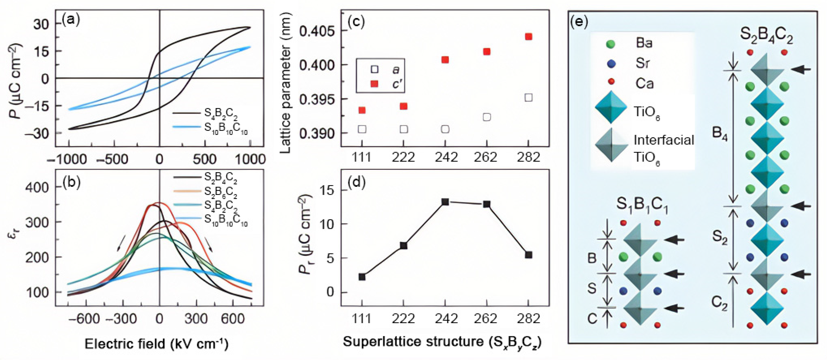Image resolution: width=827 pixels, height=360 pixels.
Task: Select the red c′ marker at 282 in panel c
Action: pyautogui.click(x=528, y=37)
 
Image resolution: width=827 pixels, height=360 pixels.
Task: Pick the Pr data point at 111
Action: pyautogui.click(x=362, y=277)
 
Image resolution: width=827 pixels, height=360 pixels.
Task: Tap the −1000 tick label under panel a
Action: pyautogui.click(x=67, y=159)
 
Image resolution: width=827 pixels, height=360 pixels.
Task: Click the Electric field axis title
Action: pyautogui.click(x=156, y=344)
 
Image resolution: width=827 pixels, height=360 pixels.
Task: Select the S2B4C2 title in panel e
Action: pyautogui.click(x=770, y=36)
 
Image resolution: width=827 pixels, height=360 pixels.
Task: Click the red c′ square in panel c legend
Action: pyautogui.click(x=374, y=84)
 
